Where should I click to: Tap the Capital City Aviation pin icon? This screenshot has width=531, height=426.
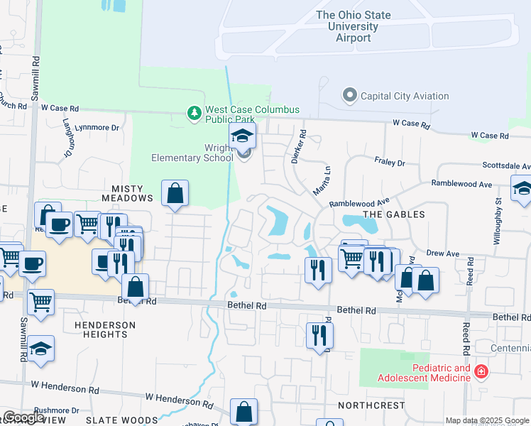(x=349, y=95)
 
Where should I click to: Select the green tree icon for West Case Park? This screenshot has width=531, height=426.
(x=193, y=113)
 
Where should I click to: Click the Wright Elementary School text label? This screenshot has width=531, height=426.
(x=192, y=152)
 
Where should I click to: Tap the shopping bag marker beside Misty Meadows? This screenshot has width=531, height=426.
(x=175, y=193)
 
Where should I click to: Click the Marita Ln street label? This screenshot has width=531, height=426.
(x=322, y=180)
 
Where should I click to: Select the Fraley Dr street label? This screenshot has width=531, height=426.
(x=390, y=163)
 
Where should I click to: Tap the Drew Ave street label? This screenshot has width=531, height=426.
(x=443, y=253)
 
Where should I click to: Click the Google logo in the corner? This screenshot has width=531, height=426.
(x=24, y=417)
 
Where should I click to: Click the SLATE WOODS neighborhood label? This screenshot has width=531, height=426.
(x=121, y=420)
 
